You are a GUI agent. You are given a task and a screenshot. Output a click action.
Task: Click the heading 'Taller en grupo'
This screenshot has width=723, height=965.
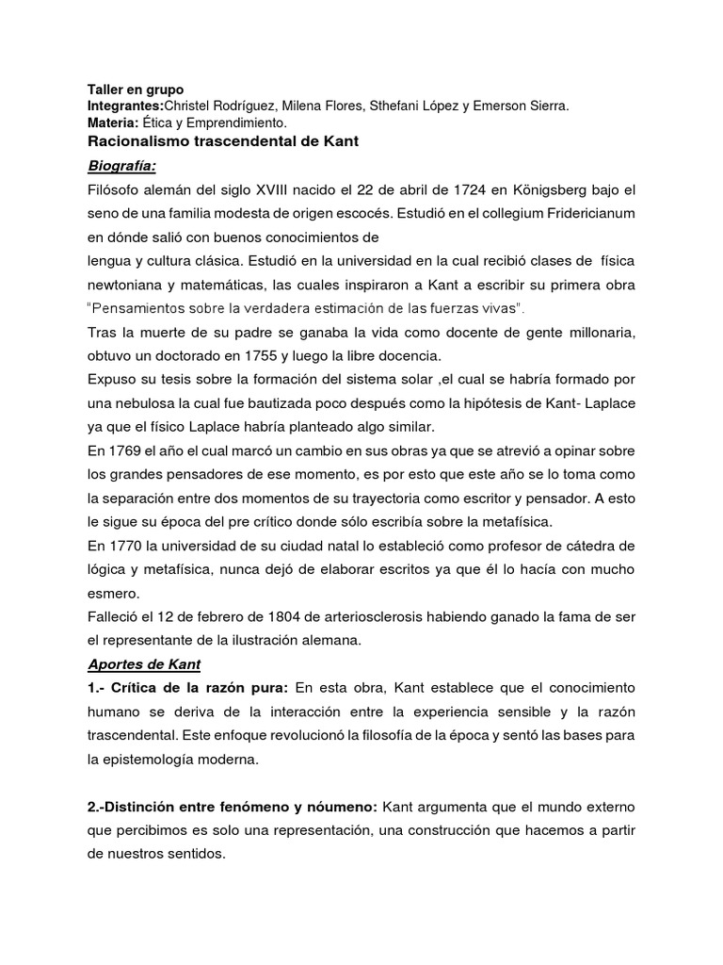130,90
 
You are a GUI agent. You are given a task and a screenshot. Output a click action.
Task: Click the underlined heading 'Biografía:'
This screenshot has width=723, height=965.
121,167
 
